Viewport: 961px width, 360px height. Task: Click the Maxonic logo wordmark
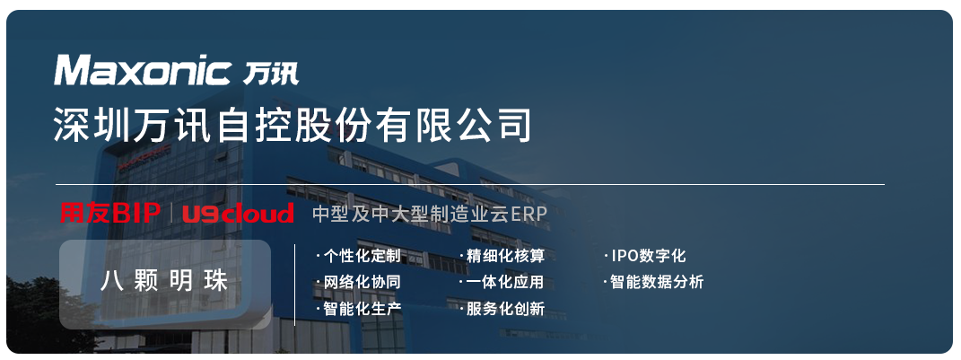[143, 70]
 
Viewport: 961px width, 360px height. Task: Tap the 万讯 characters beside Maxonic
[271, 73]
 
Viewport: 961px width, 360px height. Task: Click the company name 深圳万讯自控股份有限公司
[293, 124]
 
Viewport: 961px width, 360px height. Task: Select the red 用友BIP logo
[110, 213]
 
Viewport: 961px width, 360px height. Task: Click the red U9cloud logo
[239, 214]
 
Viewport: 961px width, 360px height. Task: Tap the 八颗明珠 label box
[165, 285]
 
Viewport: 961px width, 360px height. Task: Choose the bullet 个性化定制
[358, 255]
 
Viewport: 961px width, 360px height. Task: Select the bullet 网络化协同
[358, 282]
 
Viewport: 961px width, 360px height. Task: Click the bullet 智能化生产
[358, 309]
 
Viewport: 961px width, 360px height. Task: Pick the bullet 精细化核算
[502, 255]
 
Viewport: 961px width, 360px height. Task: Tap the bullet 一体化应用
[502, 282]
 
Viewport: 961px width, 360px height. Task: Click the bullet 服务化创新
[502, 309]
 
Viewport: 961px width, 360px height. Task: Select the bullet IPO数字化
[645, 255]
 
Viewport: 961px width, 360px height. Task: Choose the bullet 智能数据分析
[653, 282]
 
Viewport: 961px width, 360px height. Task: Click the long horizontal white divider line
[470, 184]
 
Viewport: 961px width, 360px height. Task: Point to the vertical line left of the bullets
[295, 285]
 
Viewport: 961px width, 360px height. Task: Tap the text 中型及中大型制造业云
[409, 214]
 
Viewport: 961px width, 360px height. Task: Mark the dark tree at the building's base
[44, 312]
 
